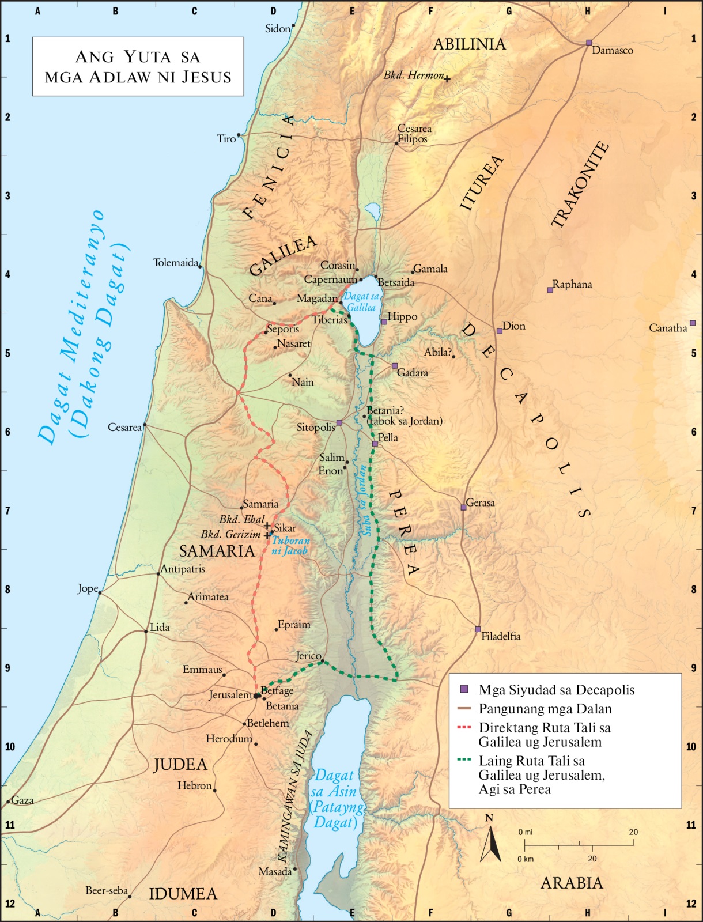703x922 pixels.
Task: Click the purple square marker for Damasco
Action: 589,43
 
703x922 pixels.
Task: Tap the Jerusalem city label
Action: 230,695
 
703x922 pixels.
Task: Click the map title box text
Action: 138,67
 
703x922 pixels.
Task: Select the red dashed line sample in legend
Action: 464,728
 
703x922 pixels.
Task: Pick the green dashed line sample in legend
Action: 464,760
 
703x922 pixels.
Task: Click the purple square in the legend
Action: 464,689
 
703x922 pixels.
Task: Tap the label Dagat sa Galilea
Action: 362,301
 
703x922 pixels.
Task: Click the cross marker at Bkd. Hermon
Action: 447,79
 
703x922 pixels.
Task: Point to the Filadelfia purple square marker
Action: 478,629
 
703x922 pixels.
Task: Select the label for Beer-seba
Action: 107,890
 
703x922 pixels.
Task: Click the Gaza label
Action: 22,800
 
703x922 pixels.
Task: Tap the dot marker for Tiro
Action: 239,135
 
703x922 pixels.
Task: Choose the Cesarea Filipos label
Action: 414,134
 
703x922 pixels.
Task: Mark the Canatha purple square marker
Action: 693,323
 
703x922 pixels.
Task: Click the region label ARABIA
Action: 572,883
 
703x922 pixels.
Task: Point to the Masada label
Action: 275,871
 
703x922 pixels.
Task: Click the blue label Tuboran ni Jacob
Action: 290,545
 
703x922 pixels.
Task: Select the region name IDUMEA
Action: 183,894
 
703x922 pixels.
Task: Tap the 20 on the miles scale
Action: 633,832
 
